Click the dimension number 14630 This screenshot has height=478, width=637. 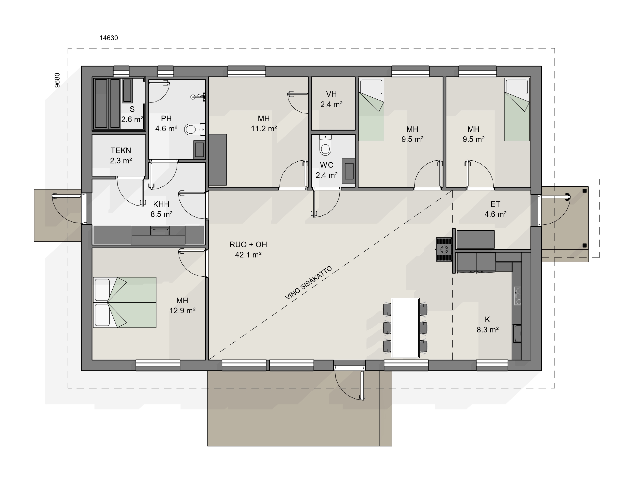click(x=109, y=38)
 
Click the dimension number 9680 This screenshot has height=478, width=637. click(x=58, y=80)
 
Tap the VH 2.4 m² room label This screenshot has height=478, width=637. click(x=331, y=99)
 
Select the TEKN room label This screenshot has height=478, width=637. click(x=121, y=150)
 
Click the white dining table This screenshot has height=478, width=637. click(x=405, y=328)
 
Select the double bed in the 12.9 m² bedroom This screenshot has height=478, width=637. click(x=125, y=303)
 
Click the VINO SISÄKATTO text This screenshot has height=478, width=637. click(x=308, y=283)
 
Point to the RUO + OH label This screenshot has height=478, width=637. click(x=248, y=245)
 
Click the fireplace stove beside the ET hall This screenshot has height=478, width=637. click(x=444, y=249)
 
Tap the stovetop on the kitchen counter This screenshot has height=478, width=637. click(x=517, y=296)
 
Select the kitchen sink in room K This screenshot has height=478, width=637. click(x=517, y=334)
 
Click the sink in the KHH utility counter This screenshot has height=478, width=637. click(x=160, y=231)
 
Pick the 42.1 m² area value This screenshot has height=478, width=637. click(x=248, y=255)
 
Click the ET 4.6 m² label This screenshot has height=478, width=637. click(x=495, y=209)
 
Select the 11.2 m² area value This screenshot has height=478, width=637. click(x=264, y=129)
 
